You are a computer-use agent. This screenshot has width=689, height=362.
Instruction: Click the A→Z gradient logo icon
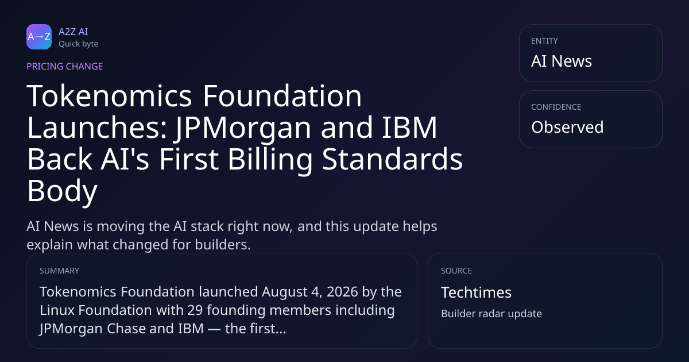[39, 37]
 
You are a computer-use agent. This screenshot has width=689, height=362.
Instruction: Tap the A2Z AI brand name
[73, 32]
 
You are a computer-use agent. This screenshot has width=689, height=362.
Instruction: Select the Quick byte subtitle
[79, 44]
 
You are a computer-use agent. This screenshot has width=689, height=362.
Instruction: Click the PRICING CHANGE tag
[64, 66]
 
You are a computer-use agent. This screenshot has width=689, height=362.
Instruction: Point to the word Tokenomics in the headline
[110, 96]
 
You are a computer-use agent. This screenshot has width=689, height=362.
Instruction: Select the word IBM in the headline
[409, 128]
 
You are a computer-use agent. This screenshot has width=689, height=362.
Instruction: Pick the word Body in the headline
[63, 191]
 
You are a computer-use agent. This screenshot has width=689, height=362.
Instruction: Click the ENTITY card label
[544, 41]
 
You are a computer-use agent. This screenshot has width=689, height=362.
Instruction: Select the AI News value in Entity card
[562, 61]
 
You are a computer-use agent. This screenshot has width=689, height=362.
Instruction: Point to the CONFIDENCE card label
[556, 107]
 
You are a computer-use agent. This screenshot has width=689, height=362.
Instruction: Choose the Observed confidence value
[567, 127]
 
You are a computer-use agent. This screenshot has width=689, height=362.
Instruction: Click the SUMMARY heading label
[59, 271]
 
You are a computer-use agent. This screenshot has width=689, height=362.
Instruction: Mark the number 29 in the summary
[195, 310]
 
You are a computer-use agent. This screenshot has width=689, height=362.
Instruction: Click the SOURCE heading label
[456, 271]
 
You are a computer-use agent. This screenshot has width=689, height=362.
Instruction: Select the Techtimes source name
[476, 292]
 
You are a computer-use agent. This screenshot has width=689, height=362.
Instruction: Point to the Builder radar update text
[491, 314]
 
